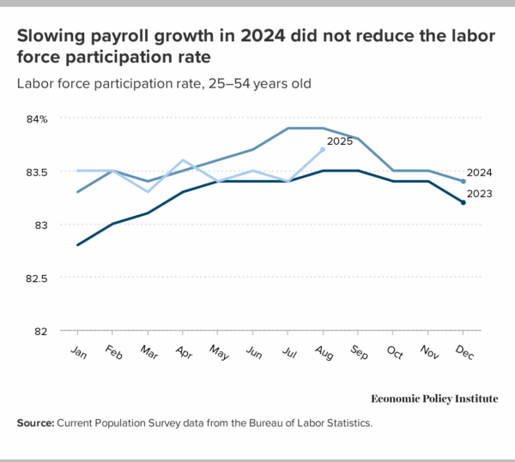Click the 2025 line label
pos(341,141)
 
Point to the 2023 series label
pos(479,195)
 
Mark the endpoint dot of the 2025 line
pos(323,149)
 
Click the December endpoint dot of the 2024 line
pos(463,182)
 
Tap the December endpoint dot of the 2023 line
pos(463,202)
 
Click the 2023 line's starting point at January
pos(78,245)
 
